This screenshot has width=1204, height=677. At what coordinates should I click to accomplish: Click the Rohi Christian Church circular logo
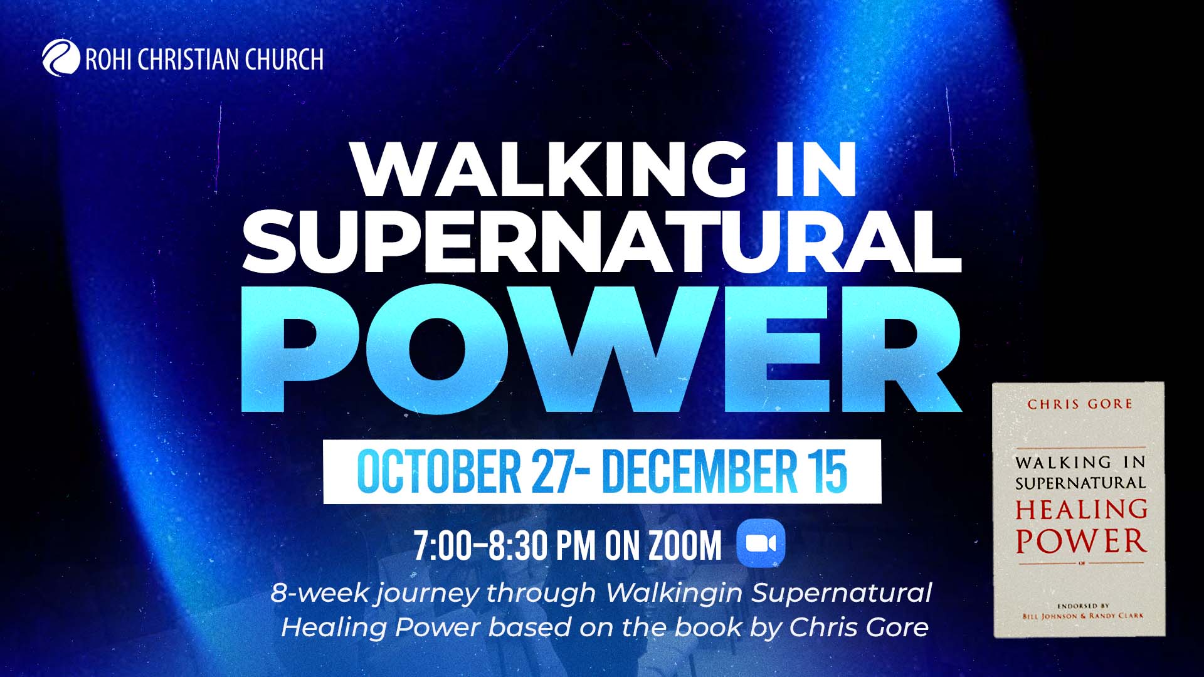[x=61, y=58]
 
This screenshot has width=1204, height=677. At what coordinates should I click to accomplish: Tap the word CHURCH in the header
[x=284, y=60]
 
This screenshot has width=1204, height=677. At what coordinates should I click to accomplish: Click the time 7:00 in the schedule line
[x=442, y=545]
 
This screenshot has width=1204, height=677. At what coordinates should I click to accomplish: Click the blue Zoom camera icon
[x=761, y=543]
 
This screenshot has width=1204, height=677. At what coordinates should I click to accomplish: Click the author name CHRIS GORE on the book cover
[x=1080, y=404]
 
